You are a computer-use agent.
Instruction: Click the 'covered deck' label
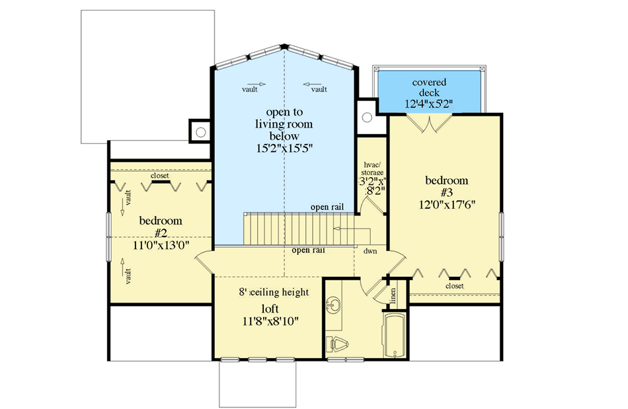429,88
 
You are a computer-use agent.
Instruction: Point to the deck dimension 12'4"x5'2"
429,104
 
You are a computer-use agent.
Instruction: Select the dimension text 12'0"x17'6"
446,204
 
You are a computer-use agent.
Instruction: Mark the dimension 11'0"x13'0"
161,244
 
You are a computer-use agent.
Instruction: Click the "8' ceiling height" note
274,291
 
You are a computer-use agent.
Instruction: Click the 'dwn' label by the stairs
370,252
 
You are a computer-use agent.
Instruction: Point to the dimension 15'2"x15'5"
284,149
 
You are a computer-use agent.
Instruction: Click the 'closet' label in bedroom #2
159,176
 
